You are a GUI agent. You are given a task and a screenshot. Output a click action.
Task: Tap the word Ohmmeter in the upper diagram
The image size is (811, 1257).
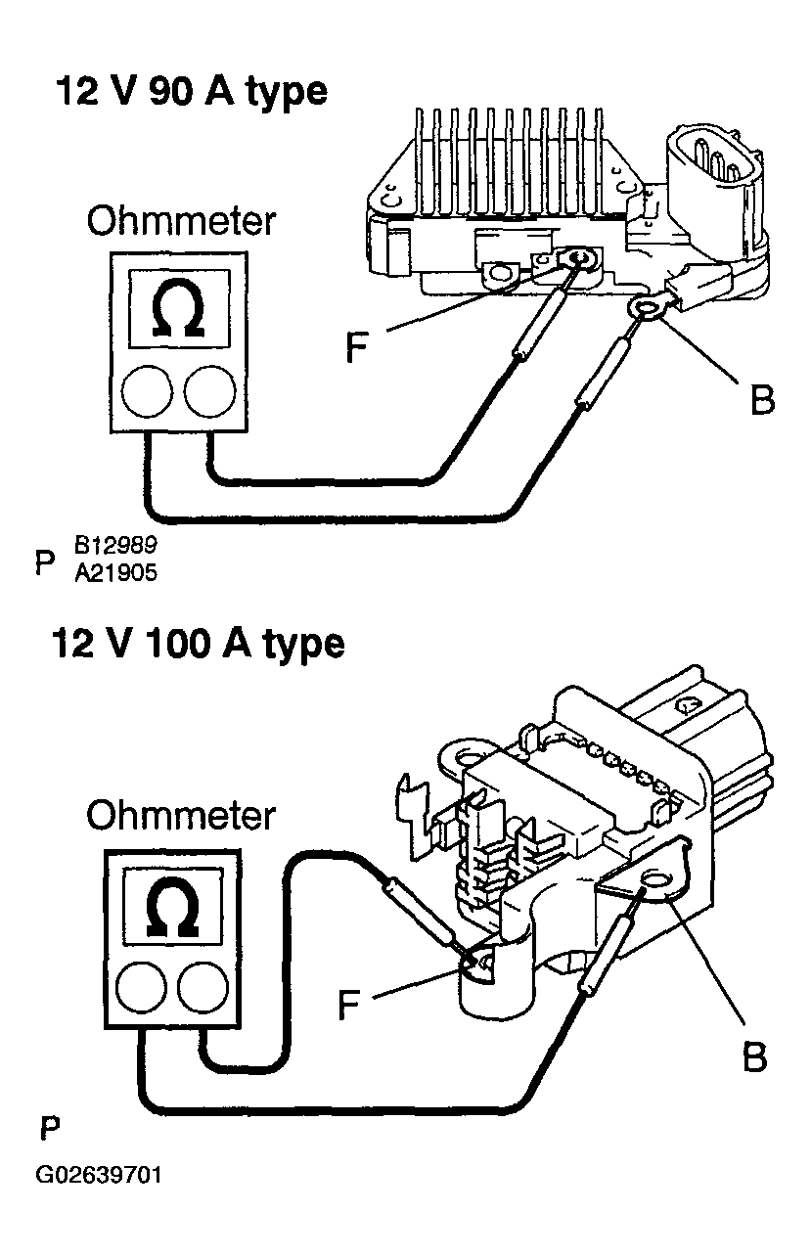[181, 222]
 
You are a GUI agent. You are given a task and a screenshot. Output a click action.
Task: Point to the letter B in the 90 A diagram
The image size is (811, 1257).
[761, 399]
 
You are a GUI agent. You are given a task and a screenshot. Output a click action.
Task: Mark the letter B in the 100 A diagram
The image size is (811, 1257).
[753, 1056]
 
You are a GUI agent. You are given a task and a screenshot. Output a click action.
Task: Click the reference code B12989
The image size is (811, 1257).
[114, 544]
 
